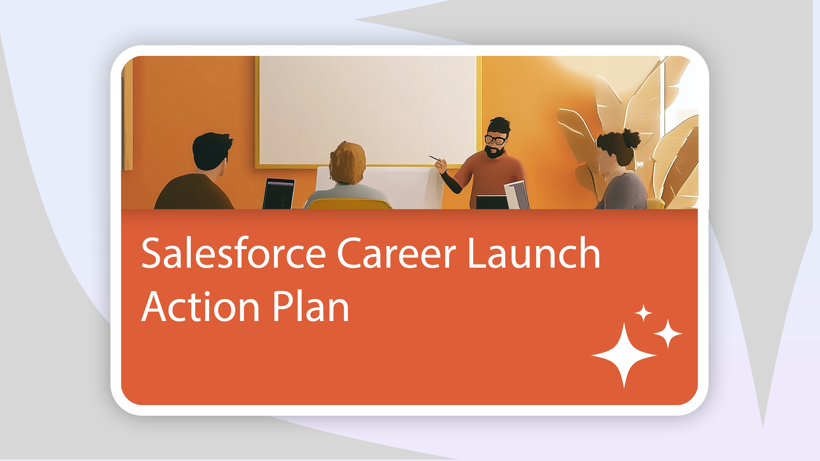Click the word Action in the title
click(x=200, y=306)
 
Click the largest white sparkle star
click(x=624, y=355)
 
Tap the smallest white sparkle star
click(x=643, y=313)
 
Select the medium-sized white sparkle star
click(x=668, y=333)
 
